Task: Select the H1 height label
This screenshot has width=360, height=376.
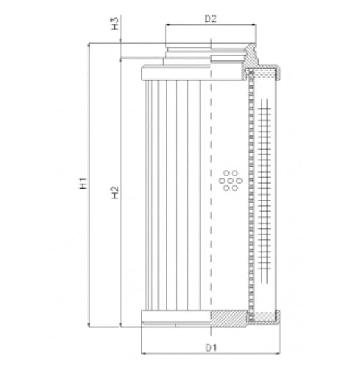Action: (x=83, y=184)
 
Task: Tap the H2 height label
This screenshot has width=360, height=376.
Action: (x=115, y=192)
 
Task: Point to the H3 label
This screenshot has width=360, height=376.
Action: (x=115, y=25)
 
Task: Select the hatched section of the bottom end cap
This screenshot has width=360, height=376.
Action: (x=228, y=316)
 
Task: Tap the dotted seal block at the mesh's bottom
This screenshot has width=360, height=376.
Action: (x=261, y=316)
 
